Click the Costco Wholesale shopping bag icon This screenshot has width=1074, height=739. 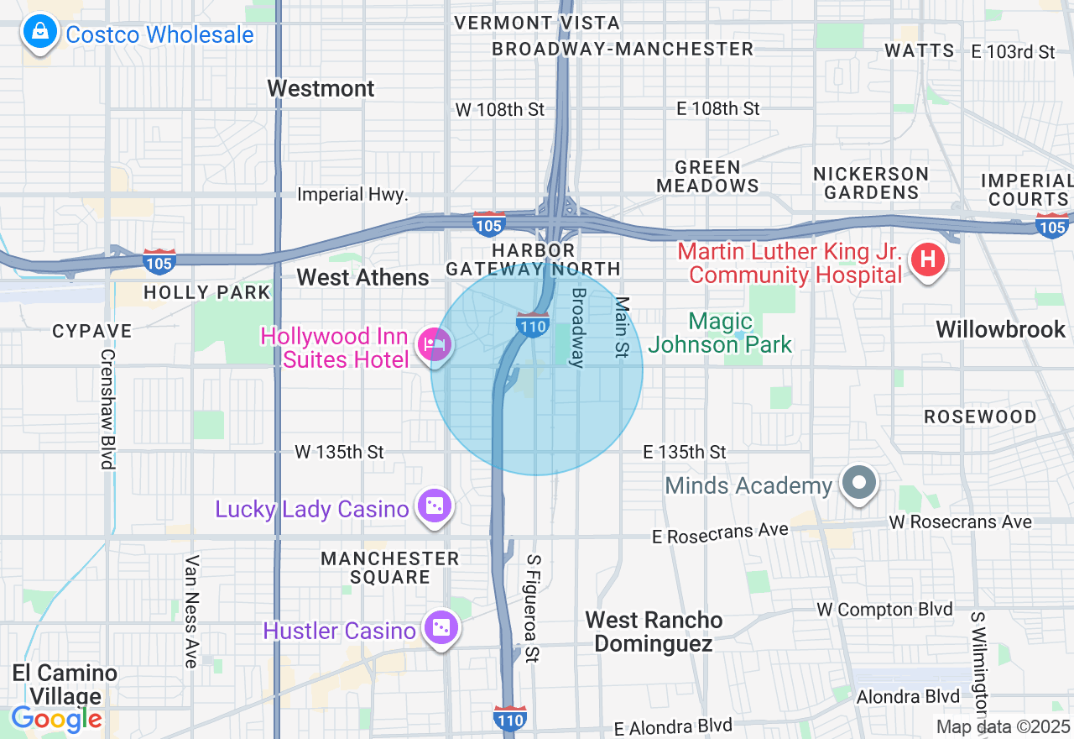(39, 34)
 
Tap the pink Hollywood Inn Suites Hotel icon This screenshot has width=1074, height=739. (435, 344)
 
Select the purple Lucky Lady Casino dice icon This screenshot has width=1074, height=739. (435, 506)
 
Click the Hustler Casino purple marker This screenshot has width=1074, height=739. (440, 628)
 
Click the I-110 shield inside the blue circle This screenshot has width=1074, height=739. (533, 324)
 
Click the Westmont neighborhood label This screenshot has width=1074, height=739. (321, 88)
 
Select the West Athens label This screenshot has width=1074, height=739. (362, 277)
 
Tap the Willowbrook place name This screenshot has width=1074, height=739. (1000, 329)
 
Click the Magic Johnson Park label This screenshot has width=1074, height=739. (720, 333)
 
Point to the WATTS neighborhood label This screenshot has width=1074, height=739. (920, 50)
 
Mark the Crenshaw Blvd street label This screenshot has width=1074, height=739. (107, 408)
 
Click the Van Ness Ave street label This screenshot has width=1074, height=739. (191, 611)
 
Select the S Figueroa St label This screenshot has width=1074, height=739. (531, 608)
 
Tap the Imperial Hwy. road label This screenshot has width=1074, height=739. (352, 194)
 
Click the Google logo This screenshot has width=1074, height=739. (56, 719)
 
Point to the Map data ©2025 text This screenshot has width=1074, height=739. (1003, 726)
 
